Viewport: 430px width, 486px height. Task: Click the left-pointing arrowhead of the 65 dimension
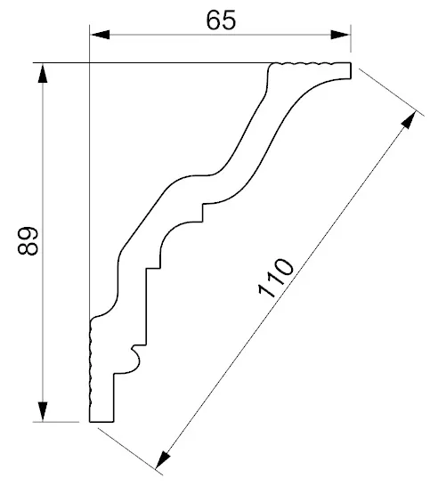pyautogui.click(x=100, y=35)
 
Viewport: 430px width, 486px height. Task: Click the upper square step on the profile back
pyautogui.click(x=203, y=212)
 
